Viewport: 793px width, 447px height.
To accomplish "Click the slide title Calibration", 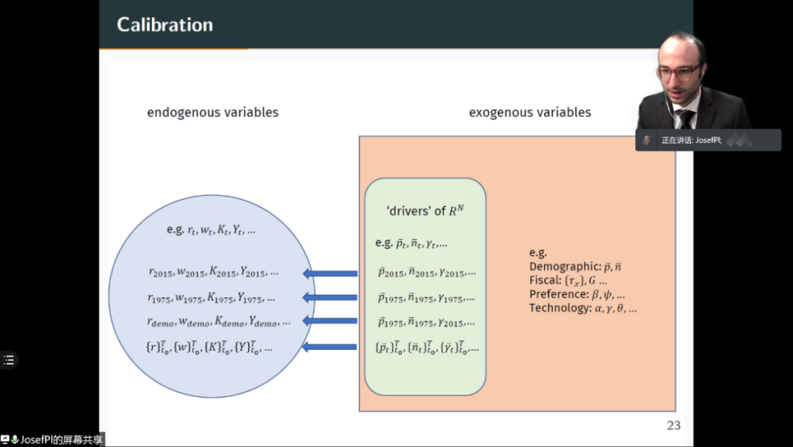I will tap(164, 25).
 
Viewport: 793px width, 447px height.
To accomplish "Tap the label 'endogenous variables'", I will tap(213, 112).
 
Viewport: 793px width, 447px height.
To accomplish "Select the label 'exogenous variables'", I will tap(529, 112).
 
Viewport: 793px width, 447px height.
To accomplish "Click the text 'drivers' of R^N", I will tap(425, 211).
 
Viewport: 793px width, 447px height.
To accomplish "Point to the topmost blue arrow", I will tap(330, 274).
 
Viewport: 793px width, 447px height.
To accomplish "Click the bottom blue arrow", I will tap(330, 346).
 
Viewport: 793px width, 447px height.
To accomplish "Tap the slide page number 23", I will tap(673, 426).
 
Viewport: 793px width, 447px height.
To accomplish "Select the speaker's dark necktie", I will tap(685, 118).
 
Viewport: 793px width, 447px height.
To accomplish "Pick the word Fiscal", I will tap(544, 281).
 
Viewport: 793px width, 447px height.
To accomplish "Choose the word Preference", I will tap(559, 294).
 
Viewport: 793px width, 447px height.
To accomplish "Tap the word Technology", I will tap(560, 308).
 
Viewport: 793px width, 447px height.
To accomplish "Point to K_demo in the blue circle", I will tap(228, 322).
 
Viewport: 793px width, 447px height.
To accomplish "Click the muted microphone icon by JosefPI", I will tap(646, 140).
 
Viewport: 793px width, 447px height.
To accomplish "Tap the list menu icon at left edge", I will tap(9, 360).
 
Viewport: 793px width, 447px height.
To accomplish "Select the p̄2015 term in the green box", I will tap(391, 273).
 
